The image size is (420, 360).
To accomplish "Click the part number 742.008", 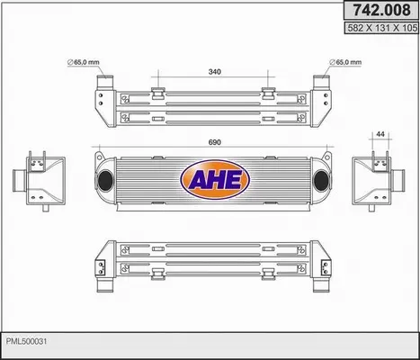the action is tap(381, 10).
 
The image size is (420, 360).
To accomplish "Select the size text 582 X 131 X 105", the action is tap(382, 28).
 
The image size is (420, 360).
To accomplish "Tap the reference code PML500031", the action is tap(27, 341).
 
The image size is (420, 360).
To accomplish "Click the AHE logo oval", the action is tap(215, 179).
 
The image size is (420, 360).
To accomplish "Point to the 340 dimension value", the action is tap(215, 72).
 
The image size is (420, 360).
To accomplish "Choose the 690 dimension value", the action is tap(215, 142).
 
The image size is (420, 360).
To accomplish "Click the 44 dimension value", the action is tap(380, 134).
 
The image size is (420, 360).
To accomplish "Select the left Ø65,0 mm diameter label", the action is tap(83, 62).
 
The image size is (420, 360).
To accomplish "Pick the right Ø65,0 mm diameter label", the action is tap(345, 62).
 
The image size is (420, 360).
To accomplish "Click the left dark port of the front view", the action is tap(105, 181).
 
